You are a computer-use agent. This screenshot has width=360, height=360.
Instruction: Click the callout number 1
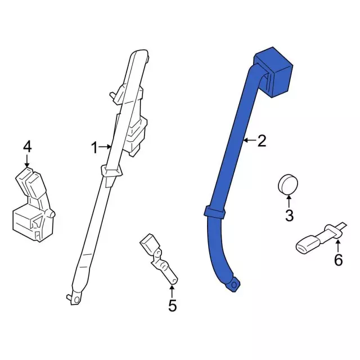tap(94, 147)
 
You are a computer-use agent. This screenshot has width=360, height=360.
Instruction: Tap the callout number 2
tap(262, 141)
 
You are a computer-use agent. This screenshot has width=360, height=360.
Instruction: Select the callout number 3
tap(289, 215)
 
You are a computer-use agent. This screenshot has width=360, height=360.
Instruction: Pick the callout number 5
tap(172, 305)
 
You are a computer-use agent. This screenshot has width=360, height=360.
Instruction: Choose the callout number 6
tap(338, 260)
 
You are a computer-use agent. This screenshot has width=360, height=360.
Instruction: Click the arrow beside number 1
tap(105, 147)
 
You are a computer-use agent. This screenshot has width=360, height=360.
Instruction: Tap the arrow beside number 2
tap(250, 140)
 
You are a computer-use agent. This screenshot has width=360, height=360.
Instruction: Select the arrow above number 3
tap(289, 201)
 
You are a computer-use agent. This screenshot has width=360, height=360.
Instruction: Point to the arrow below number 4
tap(27, 161)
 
